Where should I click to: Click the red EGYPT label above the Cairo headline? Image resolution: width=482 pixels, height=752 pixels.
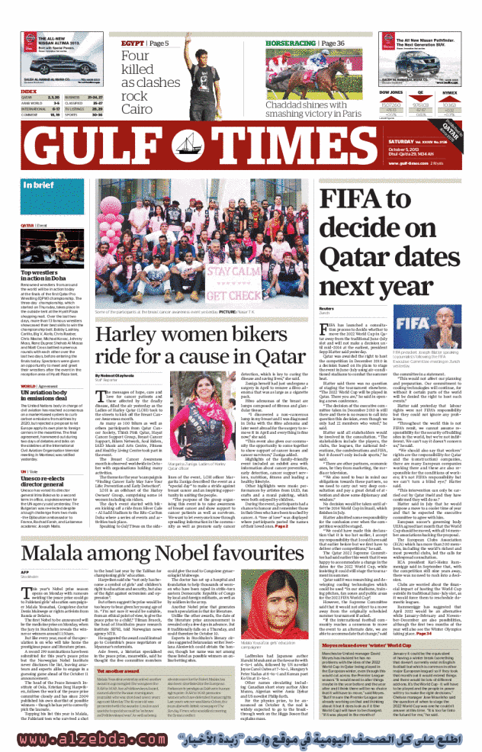click(x=133, y=43)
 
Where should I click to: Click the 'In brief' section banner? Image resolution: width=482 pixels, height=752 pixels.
click(x=34, y=185)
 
